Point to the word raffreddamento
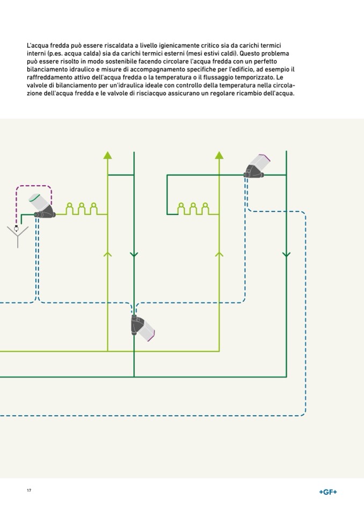[48, 78]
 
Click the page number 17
[28, 491]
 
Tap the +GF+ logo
[327, 491]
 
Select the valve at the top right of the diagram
[256, 166]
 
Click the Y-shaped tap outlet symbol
[17, 235]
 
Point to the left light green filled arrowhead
[108, 155]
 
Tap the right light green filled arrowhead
[219, 155]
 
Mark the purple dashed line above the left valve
[33, 186]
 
